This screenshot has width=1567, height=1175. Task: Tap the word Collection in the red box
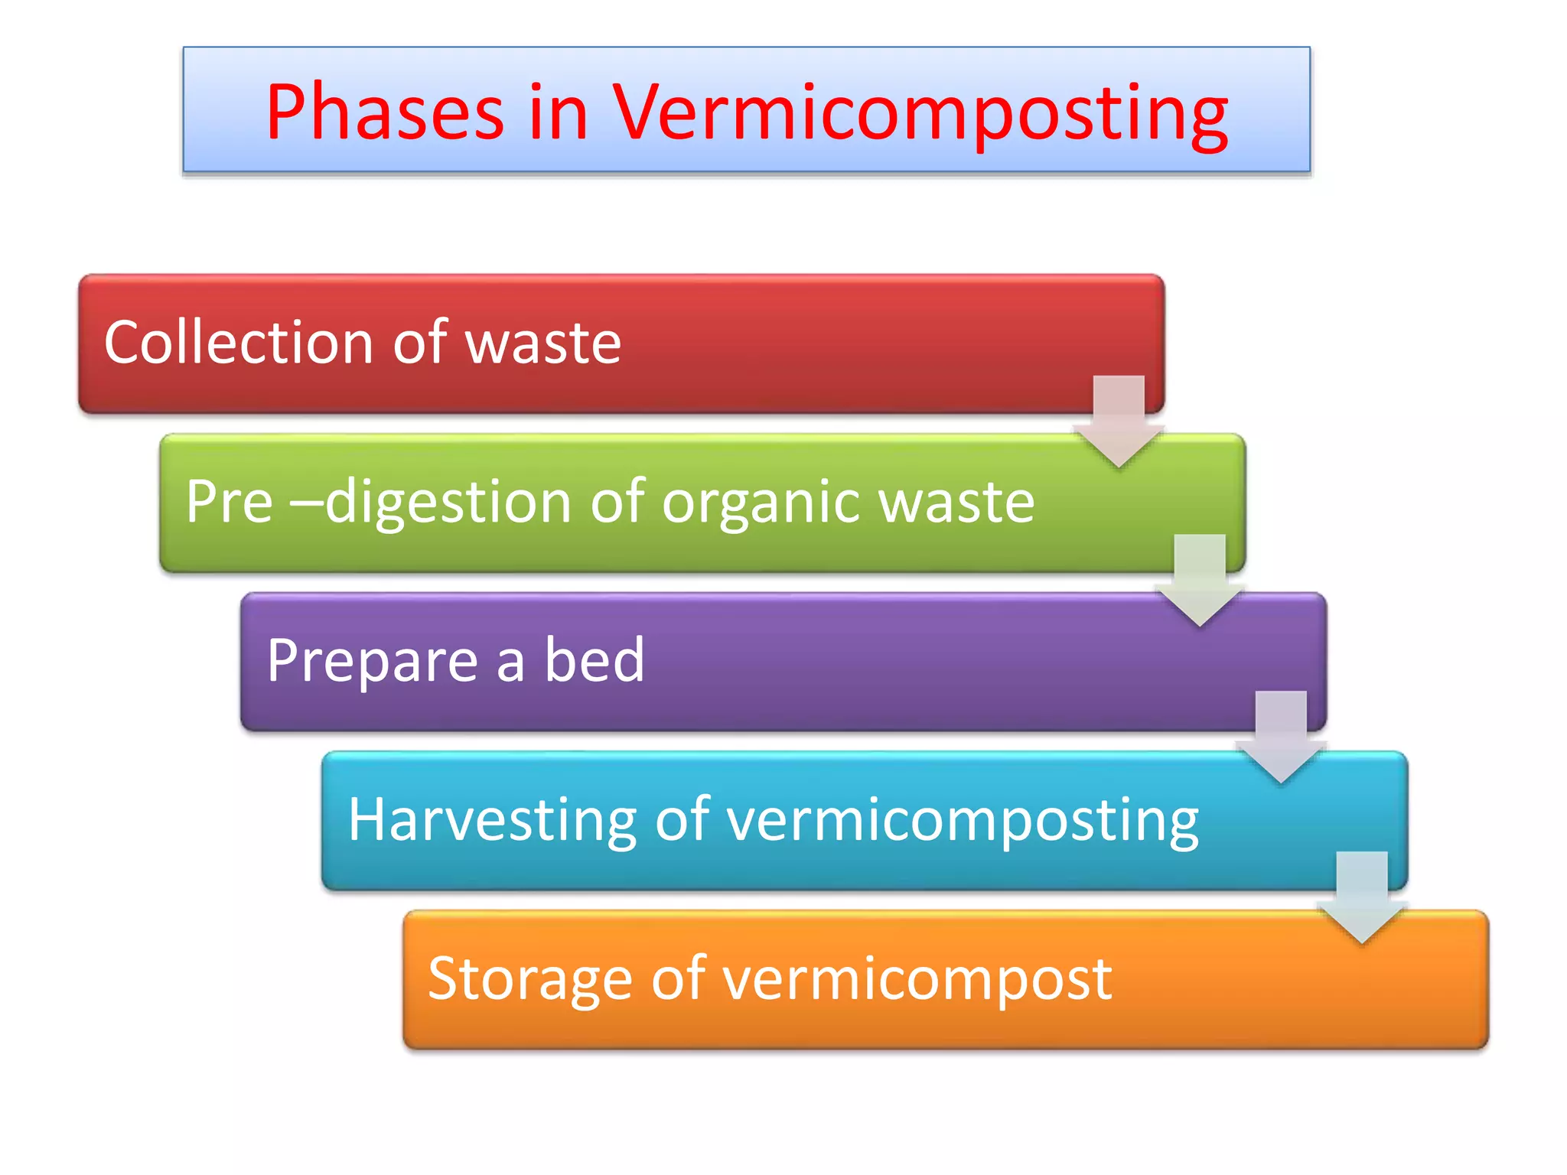tap(238, 342)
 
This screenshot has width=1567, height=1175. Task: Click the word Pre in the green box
tap(229, 501)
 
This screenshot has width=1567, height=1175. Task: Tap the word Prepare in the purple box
tap(372, 661)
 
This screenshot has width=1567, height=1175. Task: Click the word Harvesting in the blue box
tap(492, 820)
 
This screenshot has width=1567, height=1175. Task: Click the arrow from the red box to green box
tap(1119, 422)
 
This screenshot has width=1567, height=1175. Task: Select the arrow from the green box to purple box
tap(1200, 581)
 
